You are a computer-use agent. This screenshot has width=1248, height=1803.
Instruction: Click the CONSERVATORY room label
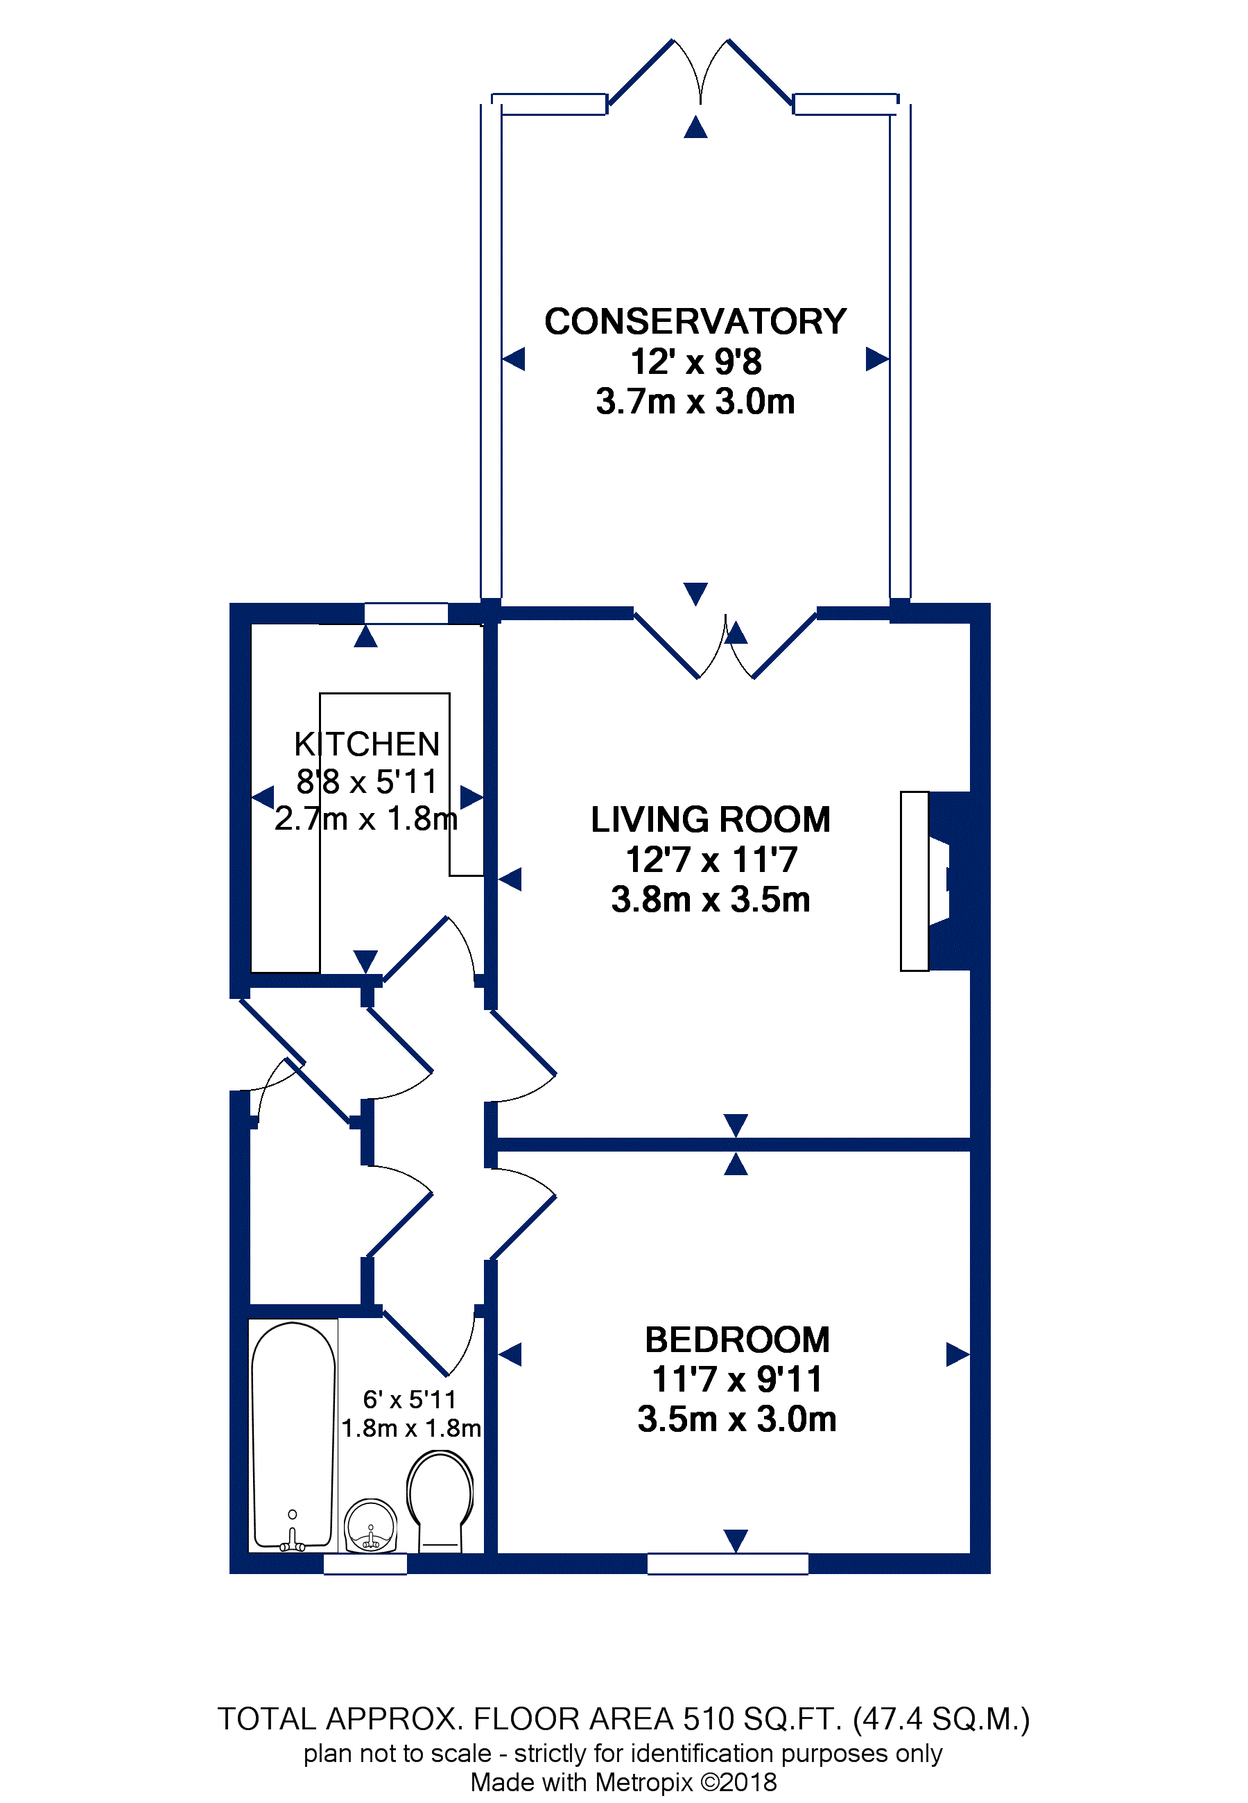click(695, 321)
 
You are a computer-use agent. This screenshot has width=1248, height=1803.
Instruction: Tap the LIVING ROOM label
click(710, 820)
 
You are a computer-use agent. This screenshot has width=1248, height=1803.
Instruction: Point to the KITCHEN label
click(366, 744)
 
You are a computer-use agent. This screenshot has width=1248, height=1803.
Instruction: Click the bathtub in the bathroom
click(293, 1436)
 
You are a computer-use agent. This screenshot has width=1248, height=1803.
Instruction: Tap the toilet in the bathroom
click(440, 1501)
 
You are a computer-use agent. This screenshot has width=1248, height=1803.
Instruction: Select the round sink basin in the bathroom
click(371, 1526)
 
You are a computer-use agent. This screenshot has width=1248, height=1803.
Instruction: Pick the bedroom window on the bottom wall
click(727, 1564)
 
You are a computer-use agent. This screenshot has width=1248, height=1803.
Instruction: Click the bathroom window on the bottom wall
click(365, 1564)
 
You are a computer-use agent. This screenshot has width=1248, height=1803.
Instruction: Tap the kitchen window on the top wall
click(406, 613)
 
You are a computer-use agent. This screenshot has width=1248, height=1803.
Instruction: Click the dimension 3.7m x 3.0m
click(695, 401)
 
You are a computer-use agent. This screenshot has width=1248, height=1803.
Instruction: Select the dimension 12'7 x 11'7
click(711, 860)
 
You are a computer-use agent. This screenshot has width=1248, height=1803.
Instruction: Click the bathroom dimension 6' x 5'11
click(409, 1399)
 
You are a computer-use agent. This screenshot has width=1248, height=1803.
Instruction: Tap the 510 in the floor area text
click(709, 1719)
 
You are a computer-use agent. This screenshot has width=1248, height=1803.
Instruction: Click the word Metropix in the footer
click(643, 1783)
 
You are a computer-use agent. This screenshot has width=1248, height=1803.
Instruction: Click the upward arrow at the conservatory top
click(695, 127)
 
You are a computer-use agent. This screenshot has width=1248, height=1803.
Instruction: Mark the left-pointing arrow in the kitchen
click(263, 798)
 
